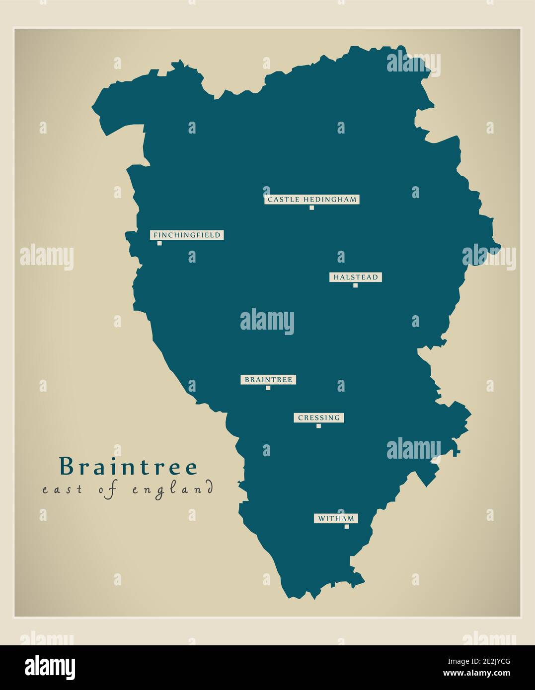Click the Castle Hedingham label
311,200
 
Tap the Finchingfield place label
187,235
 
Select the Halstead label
356,277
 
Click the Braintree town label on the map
268,380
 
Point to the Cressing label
319,418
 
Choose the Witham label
336,519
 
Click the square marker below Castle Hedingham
312,207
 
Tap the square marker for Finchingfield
159,243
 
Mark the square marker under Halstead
355,285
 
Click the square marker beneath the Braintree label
268,388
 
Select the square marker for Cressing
319,426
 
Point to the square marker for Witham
347,527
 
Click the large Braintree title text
128,467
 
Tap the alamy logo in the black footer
50,667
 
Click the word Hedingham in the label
328,200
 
